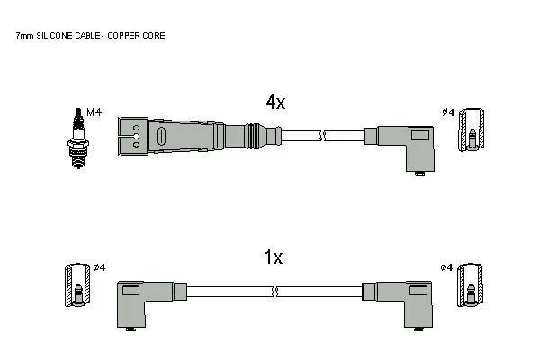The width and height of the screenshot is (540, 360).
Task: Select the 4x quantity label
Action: click(x=275, y=103)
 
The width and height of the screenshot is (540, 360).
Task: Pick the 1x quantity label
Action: click(x=273, y=257)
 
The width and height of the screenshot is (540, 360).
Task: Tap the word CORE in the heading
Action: click(x=155, y=35)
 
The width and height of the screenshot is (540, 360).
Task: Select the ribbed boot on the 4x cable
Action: click(x=257, y=137)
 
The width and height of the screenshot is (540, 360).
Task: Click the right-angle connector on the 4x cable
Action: click(x=404, y=144)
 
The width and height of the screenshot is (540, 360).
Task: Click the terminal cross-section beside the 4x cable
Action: click(x=470, y=130)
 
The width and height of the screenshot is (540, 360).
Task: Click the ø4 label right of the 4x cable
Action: click(x=447, y=112)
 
